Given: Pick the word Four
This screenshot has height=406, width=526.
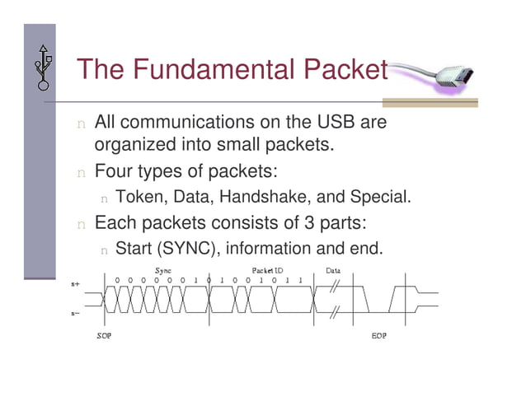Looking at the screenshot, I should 115,173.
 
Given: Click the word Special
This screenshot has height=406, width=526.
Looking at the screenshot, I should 379,198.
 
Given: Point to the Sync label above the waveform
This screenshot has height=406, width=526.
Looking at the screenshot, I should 163,270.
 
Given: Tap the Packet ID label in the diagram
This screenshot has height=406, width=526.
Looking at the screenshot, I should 268,270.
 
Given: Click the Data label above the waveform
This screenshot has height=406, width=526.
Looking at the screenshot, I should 334,270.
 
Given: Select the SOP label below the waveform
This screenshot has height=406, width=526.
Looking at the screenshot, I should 104,337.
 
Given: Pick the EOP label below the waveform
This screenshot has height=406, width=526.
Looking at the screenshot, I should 379,337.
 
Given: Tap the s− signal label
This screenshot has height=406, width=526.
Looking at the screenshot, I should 76,313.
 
